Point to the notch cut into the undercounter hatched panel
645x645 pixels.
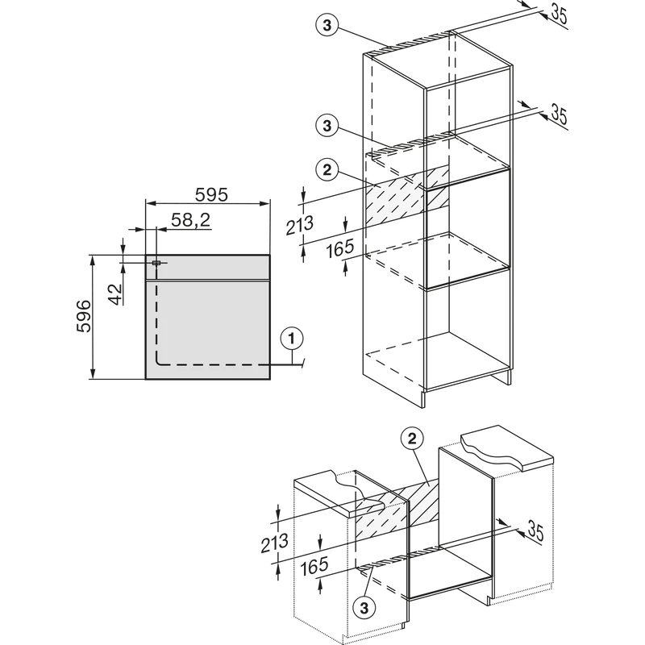click(372, 506)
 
